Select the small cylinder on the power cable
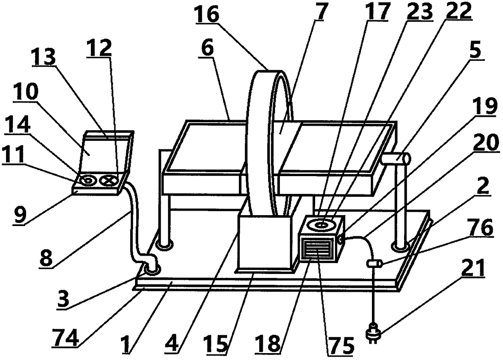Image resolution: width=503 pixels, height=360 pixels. pyautogui.click(x=373, y=264)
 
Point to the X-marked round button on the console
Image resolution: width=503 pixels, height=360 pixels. pyautogui.click(x=109, y=180)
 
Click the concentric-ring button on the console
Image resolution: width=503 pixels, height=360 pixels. pyautogui.click(x=87, y=180)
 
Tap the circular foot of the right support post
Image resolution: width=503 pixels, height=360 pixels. pyautogui.click(x=399, y=246)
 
